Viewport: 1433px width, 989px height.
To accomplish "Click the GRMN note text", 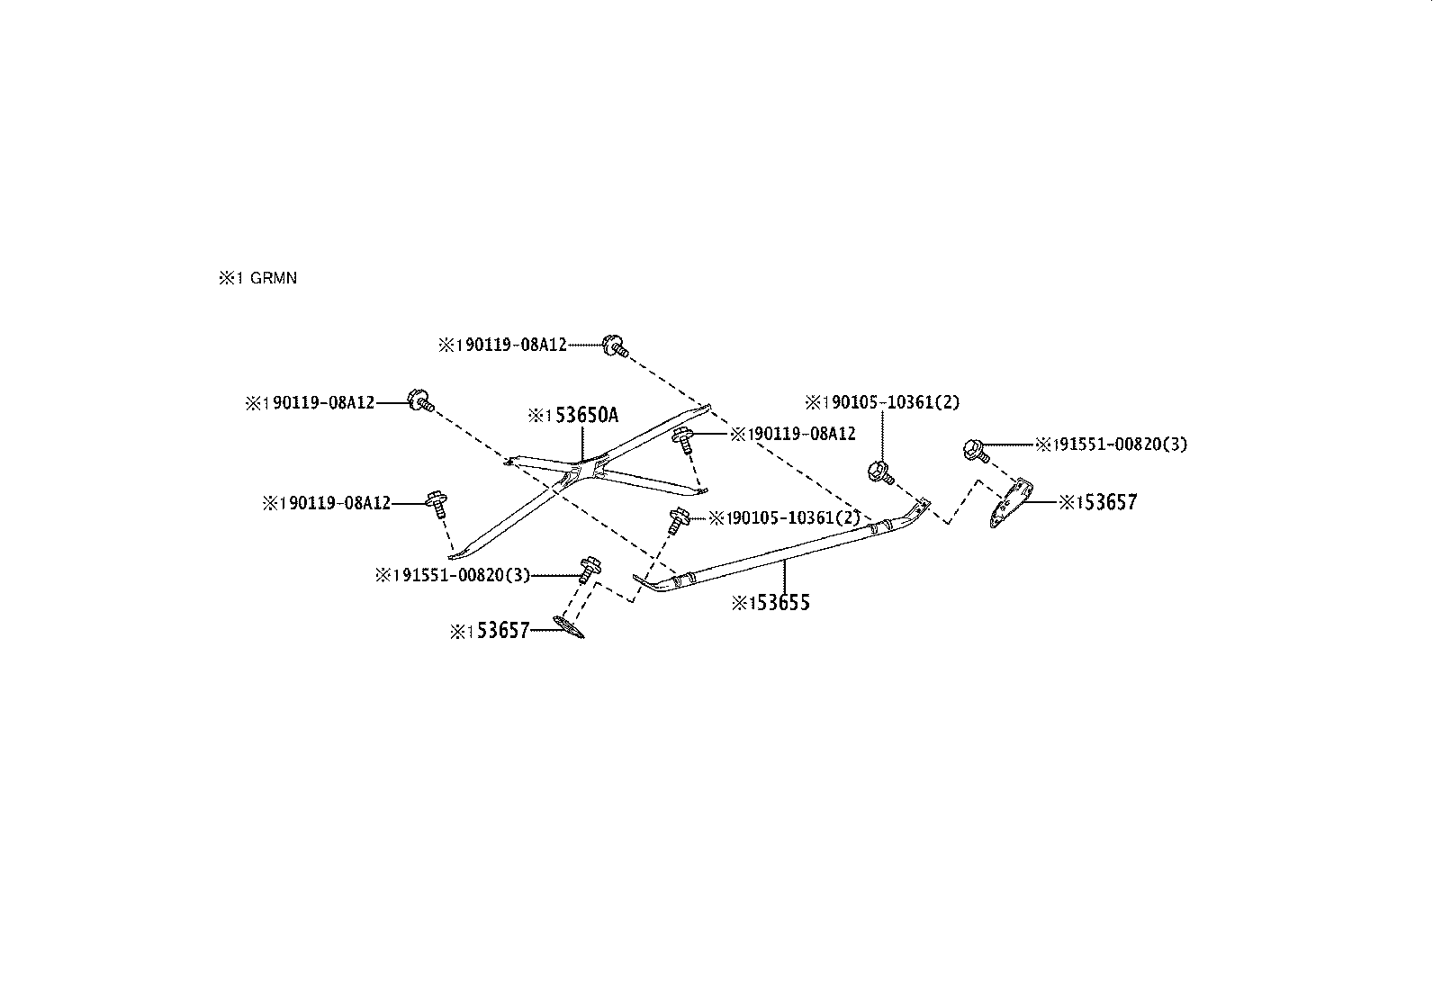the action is [257, 278].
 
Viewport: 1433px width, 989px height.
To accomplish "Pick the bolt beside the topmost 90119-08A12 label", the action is [614, 346].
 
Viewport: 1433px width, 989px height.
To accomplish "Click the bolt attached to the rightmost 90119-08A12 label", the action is [683, 440].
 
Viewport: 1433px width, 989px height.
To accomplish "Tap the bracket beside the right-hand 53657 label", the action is [1010, 503].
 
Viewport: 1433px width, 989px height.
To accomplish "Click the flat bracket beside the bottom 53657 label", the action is [569, 627].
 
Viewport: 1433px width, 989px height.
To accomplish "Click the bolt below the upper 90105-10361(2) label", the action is [881, 472].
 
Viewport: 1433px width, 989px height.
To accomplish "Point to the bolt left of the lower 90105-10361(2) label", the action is [678, 520].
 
